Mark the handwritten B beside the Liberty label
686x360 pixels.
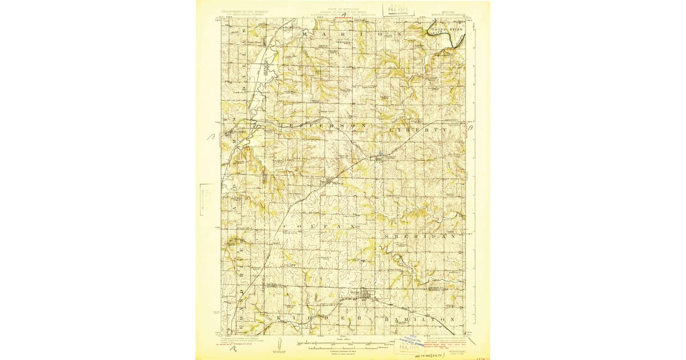tap(469, 131)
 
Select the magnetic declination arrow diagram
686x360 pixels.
tap(278, 345)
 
